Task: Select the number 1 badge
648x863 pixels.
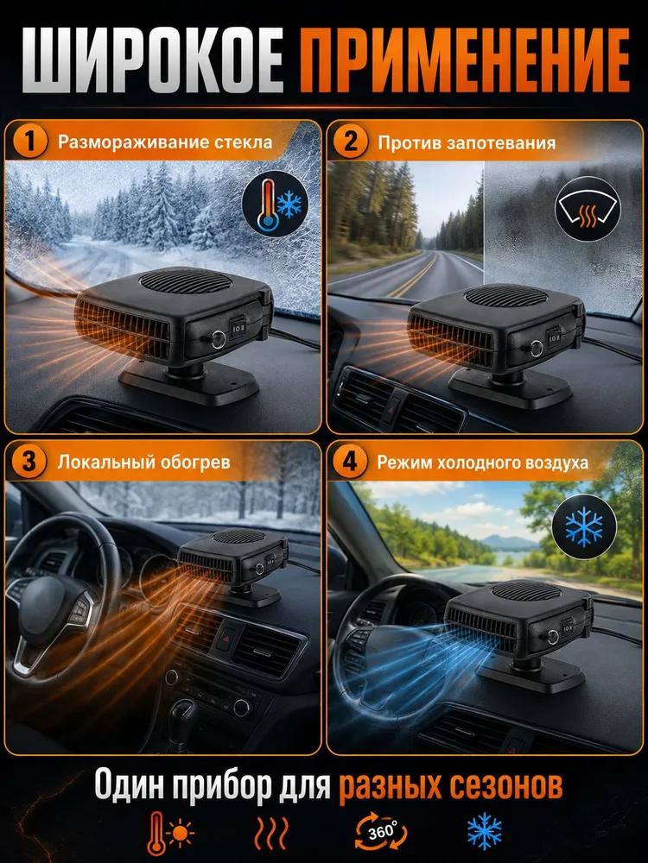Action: coord(29,142)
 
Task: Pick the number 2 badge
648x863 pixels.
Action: coord(350,142)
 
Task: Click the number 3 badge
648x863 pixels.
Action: coord(29,461)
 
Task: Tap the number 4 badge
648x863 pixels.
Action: coord(350,461)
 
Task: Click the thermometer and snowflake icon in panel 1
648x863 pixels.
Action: coord(275,205)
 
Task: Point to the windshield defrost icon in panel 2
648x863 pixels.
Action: coord(588,209)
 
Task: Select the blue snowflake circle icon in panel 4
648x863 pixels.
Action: coord(584,527)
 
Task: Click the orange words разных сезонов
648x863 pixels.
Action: coord(450,784)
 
